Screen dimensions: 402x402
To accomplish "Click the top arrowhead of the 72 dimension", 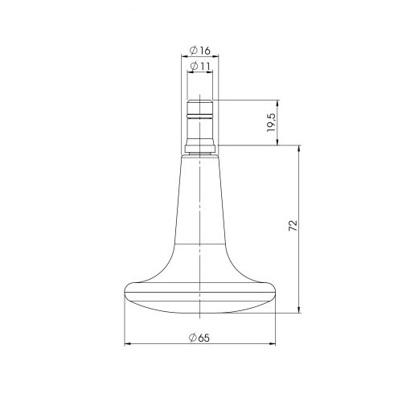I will (300, 149).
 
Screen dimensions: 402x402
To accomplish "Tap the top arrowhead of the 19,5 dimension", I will (277, 102).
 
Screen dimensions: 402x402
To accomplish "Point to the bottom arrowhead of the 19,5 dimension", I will (277, 143).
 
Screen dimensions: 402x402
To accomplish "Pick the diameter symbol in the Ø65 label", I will (193, 338).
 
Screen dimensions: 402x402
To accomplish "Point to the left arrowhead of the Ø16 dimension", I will (183, 59).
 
